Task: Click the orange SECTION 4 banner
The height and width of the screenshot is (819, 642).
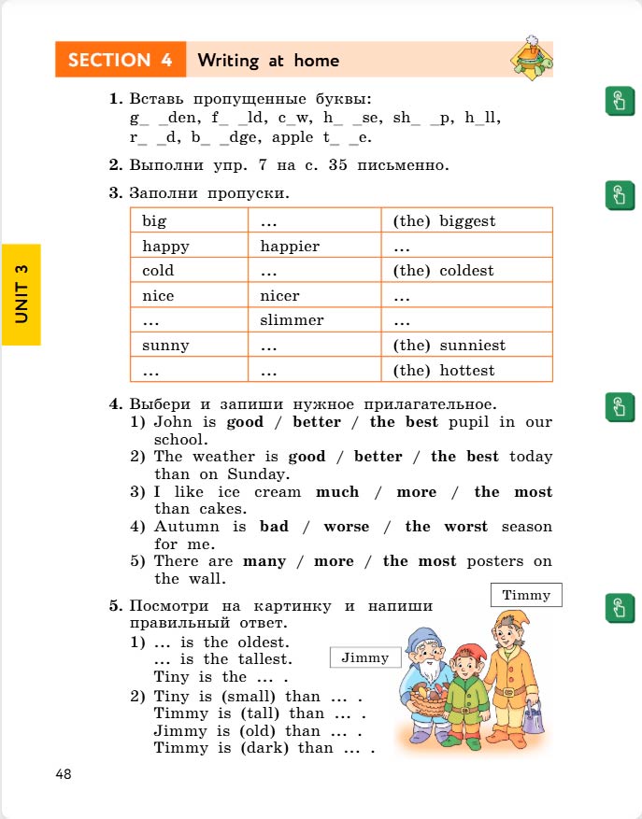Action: click(121, 60)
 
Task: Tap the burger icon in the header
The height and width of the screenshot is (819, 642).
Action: click(530, 59)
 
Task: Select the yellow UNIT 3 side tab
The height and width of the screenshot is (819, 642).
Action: click(21, 294)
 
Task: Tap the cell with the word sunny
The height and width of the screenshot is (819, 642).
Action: click(165, 346)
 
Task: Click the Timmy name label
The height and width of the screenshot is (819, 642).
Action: click(526, 595)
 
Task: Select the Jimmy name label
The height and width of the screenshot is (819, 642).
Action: click(365, 657)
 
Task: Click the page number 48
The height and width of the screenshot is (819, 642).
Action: click(64, 774)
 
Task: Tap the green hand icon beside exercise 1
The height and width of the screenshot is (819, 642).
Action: click(618, 101)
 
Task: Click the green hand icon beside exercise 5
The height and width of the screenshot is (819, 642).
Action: click(618, 607)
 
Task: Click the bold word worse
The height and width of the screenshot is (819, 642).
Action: click(347, 527)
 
